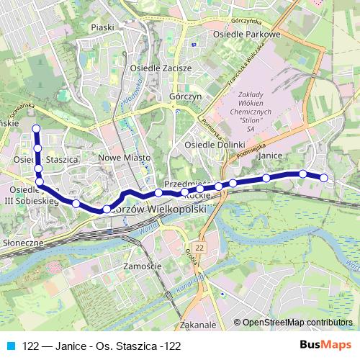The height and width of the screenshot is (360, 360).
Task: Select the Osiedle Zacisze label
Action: pos(160,68)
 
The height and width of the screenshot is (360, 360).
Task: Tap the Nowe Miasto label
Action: pos(124,157)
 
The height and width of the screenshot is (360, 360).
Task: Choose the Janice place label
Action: pos(268,155)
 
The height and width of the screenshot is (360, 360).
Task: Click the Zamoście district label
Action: pos(141,266)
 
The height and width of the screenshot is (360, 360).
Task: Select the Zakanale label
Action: pos(199,325)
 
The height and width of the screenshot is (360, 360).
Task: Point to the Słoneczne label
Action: pos(22,243)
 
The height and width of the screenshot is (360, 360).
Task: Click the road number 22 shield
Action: pos(199,247)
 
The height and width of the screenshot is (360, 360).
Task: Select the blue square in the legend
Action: pos(9,346)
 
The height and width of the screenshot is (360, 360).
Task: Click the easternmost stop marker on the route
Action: pos(324,177)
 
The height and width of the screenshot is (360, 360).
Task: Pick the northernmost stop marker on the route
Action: pos(36,129)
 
